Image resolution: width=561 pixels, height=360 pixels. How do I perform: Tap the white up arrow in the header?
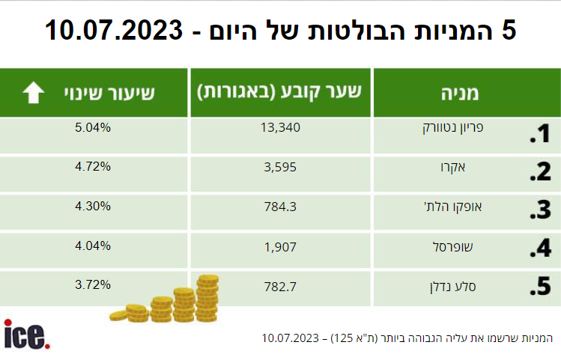pyautogui.click(x=34, y=93)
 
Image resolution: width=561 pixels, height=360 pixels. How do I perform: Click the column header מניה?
pyautogui.click(x=467, y=93)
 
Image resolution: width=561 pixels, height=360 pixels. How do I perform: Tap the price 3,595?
pyautogui.click(x=282, y=167)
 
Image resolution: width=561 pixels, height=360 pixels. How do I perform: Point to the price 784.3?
pyautogui.click(x=282, y=206)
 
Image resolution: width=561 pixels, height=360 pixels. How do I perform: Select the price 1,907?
pyautogui.click(x=282, y=245)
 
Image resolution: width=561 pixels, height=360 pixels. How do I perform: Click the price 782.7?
pyautogui.click(x=282, y=285)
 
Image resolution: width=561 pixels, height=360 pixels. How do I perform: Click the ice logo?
pyautogui.click(x=27, y=334)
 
